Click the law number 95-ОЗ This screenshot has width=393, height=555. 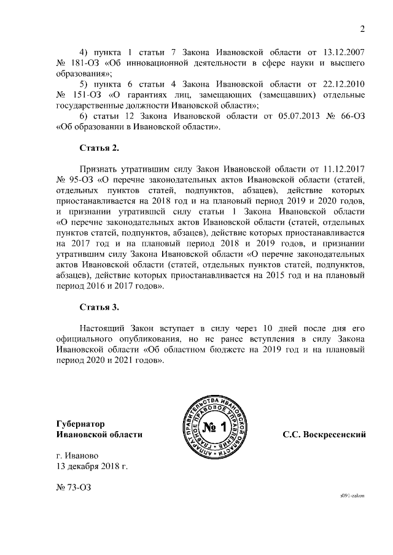83,180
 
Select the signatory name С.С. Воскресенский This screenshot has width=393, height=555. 324,434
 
